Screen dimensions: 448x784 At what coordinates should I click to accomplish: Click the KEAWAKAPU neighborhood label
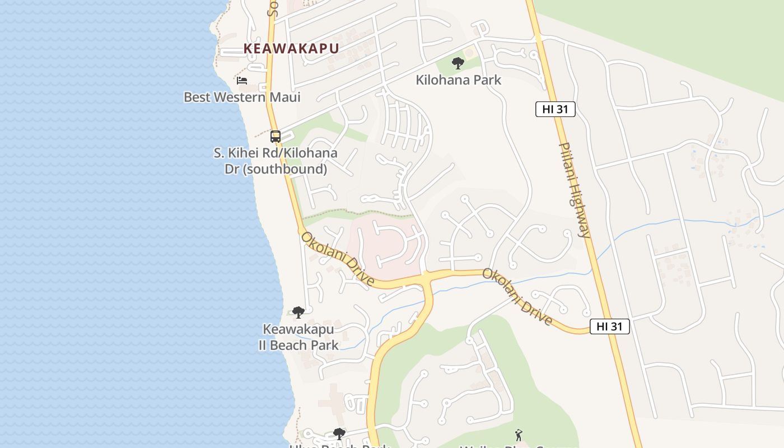[x=291, y=48]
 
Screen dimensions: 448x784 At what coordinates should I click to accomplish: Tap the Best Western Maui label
[x=242, y=97]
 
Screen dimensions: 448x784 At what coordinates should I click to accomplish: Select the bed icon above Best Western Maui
[x=242, y=81]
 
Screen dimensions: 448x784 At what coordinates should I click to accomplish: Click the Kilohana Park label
[x=458, y=80]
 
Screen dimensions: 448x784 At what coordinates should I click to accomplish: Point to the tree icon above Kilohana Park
[x=458, y=63]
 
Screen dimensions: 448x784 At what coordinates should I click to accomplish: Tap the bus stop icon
[x=275, y=136]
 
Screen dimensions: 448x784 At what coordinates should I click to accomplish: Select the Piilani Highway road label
[x=575, y=189]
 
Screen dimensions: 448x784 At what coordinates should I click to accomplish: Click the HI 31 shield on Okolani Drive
[x=609, y=326]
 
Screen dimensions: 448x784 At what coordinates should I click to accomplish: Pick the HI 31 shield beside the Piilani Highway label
[x=555, y=109]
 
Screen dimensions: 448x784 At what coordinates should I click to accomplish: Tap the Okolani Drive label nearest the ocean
[x=337, y=259]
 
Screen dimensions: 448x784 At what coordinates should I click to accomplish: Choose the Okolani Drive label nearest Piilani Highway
[x=517, y=297]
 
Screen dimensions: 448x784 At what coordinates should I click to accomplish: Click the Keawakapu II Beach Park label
[x=298, y=337]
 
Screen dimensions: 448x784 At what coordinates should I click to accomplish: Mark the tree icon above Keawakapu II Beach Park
[x=298, y=312]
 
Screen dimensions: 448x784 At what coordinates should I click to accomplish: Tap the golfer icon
[x=519, y=435]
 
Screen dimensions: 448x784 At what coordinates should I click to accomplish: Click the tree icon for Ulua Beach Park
[x=339, y=433]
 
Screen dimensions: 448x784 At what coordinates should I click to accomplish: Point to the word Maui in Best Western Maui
[x=284, y=97]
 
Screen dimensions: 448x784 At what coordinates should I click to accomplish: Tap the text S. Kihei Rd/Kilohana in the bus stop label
[x=276, y=153]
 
